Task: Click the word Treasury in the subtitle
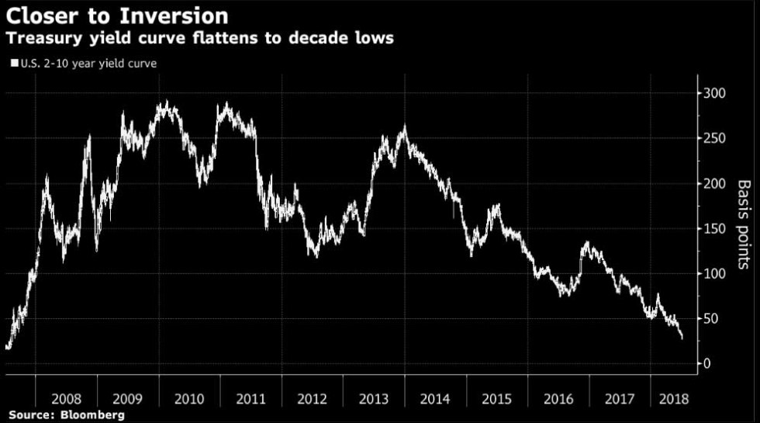(x=43, y=38)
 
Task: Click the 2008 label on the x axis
(x=67, y=399)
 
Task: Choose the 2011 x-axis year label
(x=250, y=399)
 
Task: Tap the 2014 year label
(x=434, y=399)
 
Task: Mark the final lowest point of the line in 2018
(x=682, y=338)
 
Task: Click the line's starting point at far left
(x=7, y=348)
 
